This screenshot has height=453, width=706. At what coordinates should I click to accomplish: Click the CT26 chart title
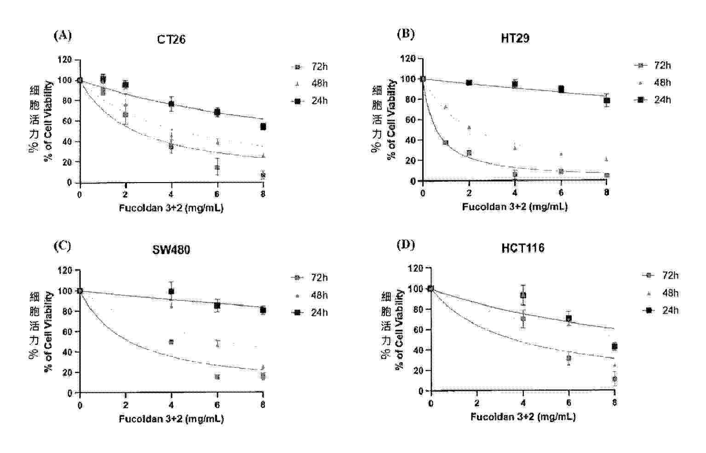point(171,40)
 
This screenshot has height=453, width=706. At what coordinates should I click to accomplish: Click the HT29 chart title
point(515,38)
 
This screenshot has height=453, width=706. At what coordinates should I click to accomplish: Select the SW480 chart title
point(171,250)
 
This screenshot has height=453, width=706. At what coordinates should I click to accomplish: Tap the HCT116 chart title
point(523,248)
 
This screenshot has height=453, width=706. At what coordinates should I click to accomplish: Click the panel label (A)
point(63,35)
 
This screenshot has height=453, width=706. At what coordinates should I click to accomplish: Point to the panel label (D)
point(406,245)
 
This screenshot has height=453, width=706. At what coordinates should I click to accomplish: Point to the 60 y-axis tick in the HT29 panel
point(411,120)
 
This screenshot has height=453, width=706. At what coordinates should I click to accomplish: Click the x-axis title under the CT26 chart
point(171,208)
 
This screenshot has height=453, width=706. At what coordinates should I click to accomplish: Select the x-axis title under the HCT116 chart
point(523,417)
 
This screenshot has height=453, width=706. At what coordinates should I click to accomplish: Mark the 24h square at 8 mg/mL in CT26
point(263,126)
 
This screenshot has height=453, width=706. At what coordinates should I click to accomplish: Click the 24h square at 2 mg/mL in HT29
point(469,83)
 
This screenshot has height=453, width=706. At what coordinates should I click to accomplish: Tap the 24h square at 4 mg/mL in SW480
point(172,292)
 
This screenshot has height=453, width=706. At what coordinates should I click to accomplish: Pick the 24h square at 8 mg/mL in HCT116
point(614,346)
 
